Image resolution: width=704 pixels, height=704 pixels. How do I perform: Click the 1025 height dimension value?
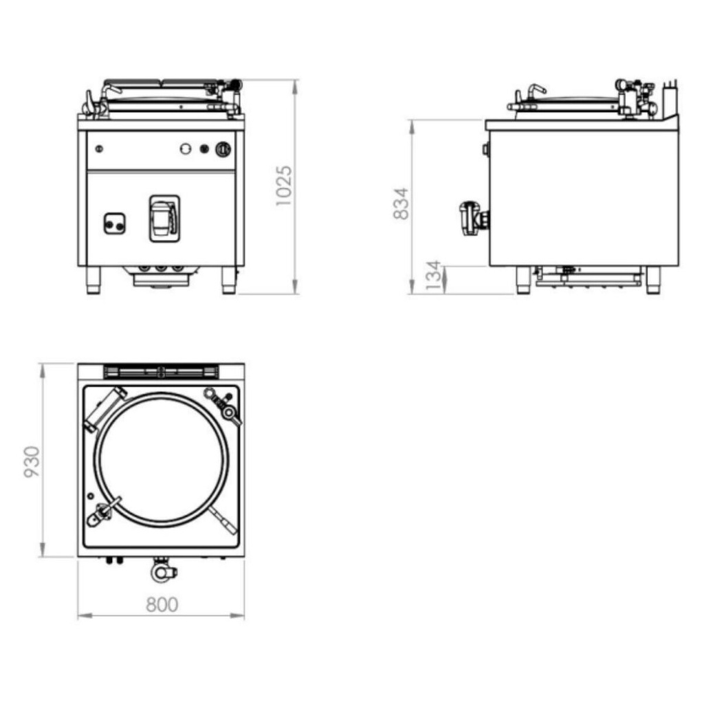[x=284, y=186]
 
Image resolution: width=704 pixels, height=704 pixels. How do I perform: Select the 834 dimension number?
[x=401, y=203]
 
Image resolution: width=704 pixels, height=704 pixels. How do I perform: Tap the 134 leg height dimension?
[x=433, y=275]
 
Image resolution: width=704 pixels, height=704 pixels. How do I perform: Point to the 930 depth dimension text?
[x=32, y=461]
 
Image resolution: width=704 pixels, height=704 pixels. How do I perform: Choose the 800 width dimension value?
[x=162, y=604]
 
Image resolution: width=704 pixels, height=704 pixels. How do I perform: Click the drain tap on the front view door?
[x=165, y=219]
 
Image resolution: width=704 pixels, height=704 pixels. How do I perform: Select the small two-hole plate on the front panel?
[x=115, y=223]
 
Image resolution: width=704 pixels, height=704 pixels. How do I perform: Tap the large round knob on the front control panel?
[x=223, y=149]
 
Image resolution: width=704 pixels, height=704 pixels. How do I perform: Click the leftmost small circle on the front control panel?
[x=99, y=148]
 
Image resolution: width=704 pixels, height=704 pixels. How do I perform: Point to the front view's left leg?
[x=93, y=280]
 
